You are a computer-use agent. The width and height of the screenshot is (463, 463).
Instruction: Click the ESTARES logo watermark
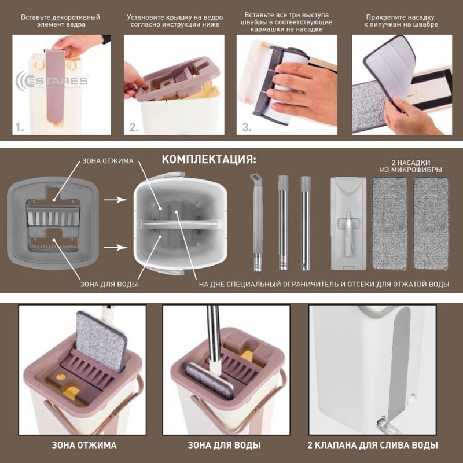point(52,81)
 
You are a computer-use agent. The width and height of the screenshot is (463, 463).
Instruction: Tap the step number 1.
point(20,127)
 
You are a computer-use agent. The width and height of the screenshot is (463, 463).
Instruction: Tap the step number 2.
point(134,127)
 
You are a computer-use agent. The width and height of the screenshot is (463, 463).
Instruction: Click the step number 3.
point(247,127)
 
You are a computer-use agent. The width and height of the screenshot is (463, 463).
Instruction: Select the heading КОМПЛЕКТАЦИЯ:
point(209,160)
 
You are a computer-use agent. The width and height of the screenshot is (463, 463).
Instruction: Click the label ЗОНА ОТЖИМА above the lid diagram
point(108,161)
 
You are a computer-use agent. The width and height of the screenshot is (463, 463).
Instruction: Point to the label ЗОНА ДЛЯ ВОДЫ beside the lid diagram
point(109,284)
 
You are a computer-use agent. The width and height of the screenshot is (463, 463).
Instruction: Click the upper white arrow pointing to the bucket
point(115,200)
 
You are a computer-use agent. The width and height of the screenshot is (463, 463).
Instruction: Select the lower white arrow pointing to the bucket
point(115,247)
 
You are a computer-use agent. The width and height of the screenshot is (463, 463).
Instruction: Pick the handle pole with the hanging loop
point(258,223)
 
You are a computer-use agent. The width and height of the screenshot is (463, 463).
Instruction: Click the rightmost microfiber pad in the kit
point(431,223)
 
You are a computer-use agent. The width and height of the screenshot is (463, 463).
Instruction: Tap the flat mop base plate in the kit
point(349,223)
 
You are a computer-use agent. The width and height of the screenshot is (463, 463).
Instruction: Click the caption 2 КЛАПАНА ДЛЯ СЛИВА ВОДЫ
point(373,445)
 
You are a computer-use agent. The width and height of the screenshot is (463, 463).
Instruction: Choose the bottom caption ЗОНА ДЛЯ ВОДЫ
point(224,445)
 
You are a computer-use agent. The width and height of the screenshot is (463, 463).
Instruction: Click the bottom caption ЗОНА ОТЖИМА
point(84,445)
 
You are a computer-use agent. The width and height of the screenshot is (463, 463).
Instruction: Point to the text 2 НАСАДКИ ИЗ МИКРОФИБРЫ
point(411,166)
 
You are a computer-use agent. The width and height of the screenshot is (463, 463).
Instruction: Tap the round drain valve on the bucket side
point(412,399)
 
